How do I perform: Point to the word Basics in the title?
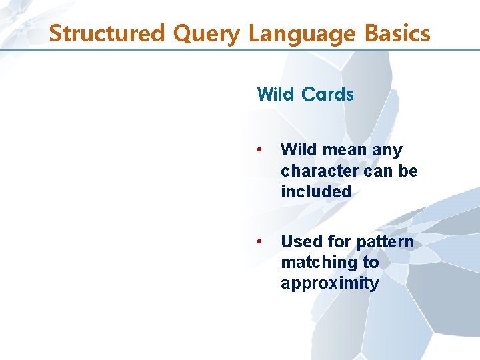click(x=393, y=33)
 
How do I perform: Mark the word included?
click(x=315, y=191)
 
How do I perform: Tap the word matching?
click(x=318, y=263)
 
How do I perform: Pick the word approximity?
click(x=329, y=283)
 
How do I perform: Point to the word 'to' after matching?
click(x=370, y=263)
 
